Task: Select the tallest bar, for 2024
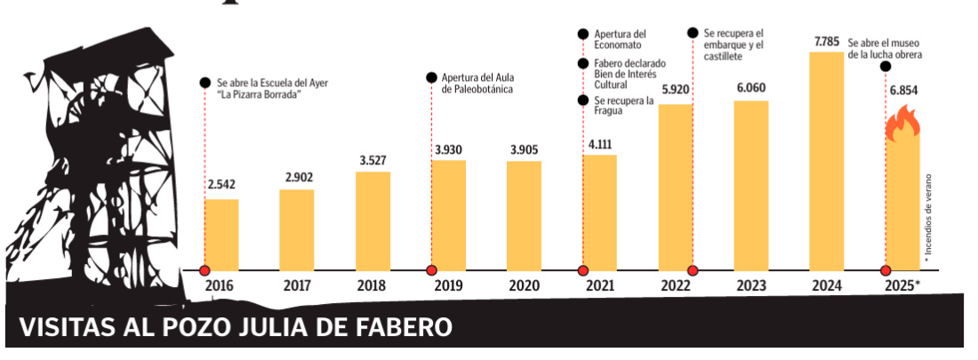click(826, 161)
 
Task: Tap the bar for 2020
click(524, 215)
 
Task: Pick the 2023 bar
click(750, 185)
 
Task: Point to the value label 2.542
click(221, 187)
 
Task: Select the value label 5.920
click(676, 90)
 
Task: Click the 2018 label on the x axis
click(372, 287)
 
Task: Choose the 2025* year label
click(904, 287)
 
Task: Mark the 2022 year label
click(675, 287)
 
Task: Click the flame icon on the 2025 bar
click(902, 123)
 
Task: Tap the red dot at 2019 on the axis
click(431, 270)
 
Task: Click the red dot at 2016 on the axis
click(204, 270)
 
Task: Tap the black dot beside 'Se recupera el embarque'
click(693, 33)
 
